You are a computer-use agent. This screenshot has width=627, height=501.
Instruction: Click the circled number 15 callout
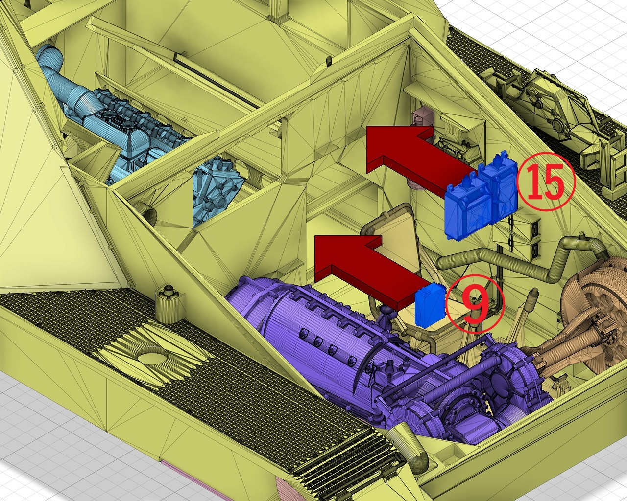pyautogui.click(x=546, y=181)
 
